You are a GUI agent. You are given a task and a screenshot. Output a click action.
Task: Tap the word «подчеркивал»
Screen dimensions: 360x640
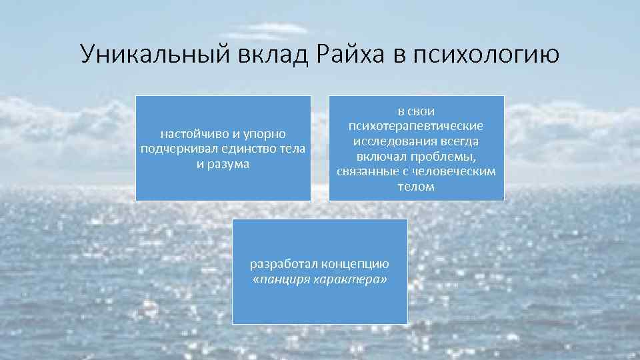[x=175, y=149]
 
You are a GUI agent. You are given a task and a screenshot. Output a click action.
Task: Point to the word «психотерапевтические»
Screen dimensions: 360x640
[x=417, y=126]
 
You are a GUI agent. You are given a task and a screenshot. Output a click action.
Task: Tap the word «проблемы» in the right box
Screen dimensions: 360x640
[x=448, y=157]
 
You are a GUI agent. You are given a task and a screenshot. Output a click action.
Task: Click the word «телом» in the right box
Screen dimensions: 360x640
[x=416, y=187]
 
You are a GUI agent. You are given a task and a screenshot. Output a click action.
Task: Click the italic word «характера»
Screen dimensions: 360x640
[x=353, y=278]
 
